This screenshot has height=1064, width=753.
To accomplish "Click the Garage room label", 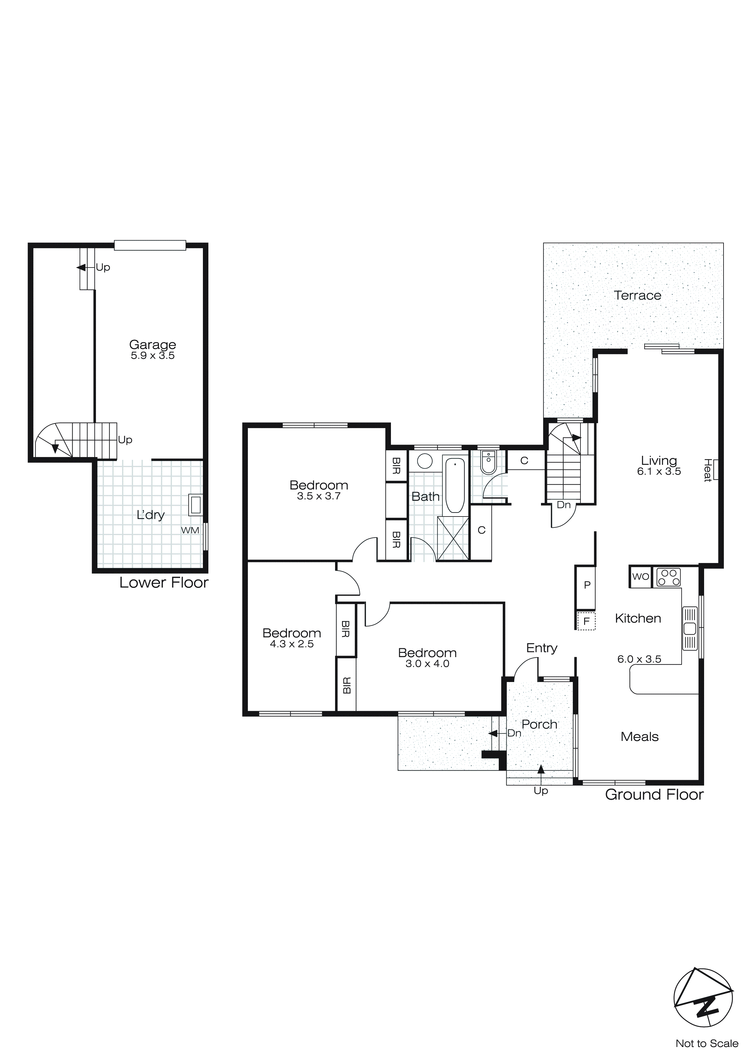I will point(152,344).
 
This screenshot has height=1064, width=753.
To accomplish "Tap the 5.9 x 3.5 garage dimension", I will point(152,356).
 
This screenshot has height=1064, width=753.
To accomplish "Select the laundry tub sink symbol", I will point(196,505).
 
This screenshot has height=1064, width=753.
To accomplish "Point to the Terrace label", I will point(638,295).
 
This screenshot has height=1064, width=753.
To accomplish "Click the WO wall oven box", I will point(640,577).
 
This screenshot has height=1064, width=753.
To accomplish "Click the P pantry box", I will point(587,585).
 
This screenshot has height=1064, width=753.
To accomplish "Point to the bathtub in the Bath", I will point(455,485).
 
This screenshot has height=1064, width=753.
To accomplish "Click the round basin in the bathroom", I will point(425,461).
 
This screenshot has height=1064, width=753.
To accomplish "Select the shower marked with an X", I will point(453,539).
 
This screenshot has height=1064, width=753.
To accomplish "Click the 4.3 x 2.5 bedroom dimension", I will point(292,644).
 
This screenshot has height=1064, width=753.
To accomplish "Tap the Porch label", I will point(539,724).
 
